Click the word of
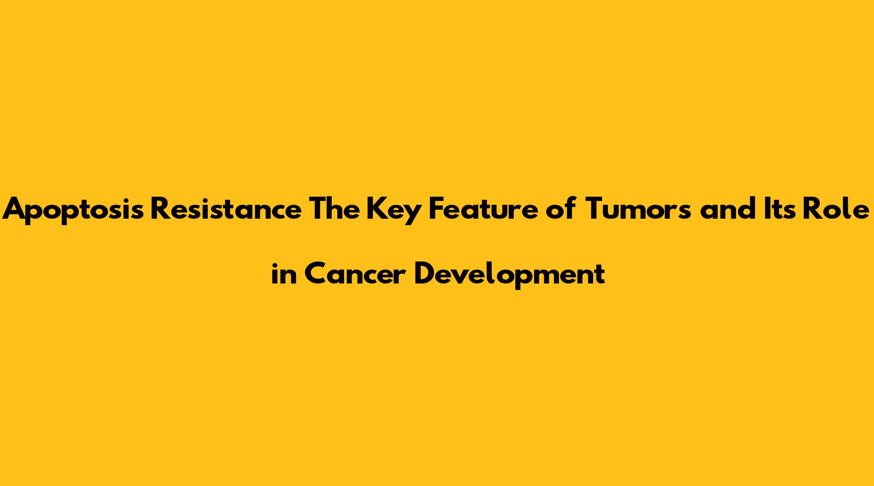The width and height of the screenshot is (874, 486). (x=561, y=208)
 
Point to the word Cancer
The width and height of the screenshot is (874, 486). (x=355, y=273)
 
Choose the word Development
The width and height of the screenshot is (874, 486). (x=510, y=275)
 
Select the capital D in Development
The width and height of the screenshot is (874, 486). (x=426, y=273)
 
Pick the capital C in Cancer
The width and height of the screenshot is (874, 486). (x=316, y=273)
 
